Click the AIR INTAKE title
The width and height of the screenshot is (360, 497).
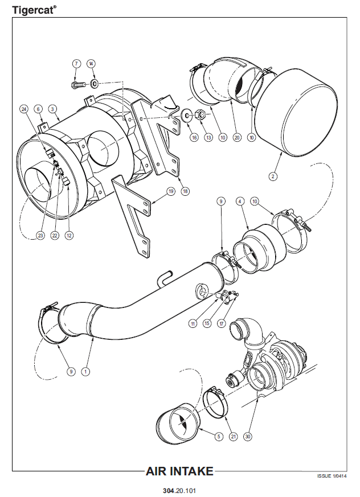click(180, 471)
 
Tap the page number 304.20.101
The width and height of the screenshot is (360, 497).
click(179, 489)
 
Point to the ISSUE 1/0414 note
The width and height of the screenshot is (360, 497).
click(332, 476)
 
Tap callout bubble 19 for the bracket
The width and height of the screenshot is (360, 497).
click(170, 192)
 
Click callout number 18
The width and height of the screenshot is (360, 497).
click(185, 192)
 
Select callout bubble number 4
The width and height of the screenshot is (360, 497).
click(240, 201)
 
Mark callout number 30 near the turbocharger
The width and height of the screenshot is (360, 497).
click(247, 436)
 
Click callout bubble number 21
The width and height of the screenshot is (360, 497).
click(232, 436)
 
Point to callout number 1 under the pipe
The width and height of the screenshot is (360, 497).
click(85, 371)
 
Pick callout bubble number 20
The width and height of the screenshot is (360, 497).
click(237, 137)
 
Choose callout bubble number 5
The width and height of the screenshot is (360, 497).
click(218, 436)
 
